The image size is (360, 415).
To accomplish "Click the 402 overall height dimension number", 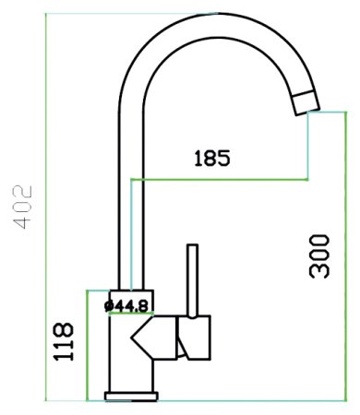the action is (x=22, y=207).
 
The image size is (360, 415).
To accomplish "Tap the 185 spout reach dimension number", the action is (x=212, y=158).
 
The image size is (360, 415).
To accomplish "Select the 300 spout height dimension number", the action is (x=319, y=256).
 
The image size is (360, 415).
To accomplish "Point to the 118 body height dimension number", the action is (x=64, y=341).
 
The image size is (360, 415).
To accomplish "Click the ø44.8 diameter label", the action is (x=126, y=306).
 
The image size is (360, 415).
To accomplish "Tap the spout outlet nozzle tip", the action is (x=306, y=102).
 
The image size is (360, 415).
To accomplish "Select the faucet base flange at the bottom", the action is (x=131, y=397).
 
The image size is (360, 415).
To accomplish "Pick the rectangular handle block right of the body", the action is (x=195, y=338).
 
